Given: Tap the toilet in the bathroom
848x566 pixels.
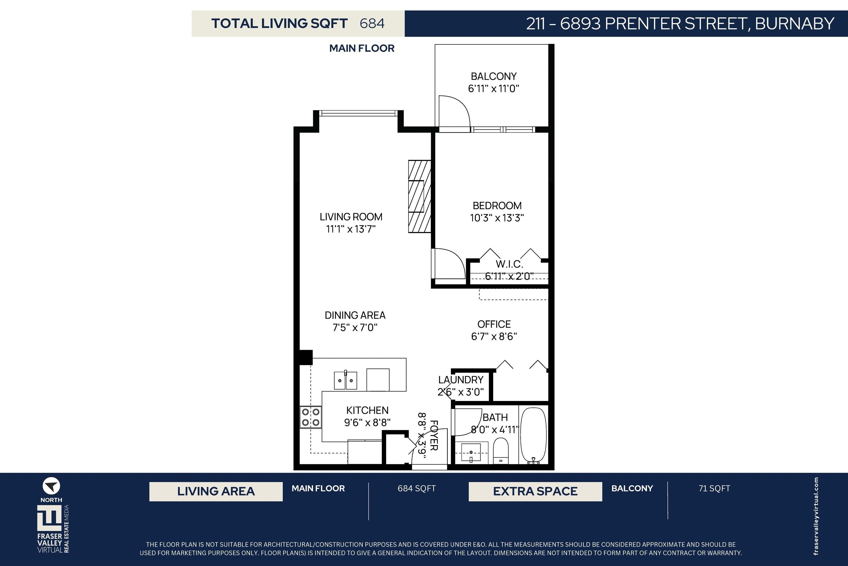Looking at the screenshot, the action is [500, 451].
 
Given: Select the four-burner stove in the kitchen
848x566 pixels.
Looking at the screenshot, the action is [311, 417].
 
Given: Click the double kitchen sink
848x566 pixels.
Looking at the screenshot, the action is [345, 380].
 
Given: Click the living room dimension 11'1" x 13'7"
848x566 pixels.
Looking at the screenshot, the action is [351, 229].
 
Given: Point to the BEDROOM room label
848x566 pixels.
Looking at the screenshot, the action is [497, 206].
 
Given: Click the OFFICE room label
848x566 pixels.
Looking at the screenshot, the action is [494, 324].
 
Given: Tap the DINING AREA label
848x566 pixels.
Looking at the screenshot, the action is [355, 316].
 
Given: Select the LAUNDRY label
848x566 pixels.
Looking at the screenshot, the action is [461, 380].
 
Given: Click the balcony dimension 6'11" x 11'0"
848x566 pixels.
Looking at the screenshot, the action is [494, 88].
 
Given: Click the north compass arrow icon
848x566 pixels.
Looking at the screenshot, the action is [51, 486].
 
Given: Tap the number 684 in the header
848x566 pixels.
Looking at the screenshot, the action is [372, 23].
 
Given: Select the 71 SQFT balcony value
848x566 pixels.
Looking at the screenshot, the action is [714, 488].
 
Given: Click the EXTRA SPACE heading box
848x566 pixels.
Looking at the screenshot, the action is [535, 491].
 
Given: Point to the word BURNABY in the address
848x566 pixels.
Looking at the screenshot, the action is [795, 23].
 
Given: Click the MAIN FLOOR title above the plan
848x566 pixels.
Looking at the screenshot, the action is [362, 48].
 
